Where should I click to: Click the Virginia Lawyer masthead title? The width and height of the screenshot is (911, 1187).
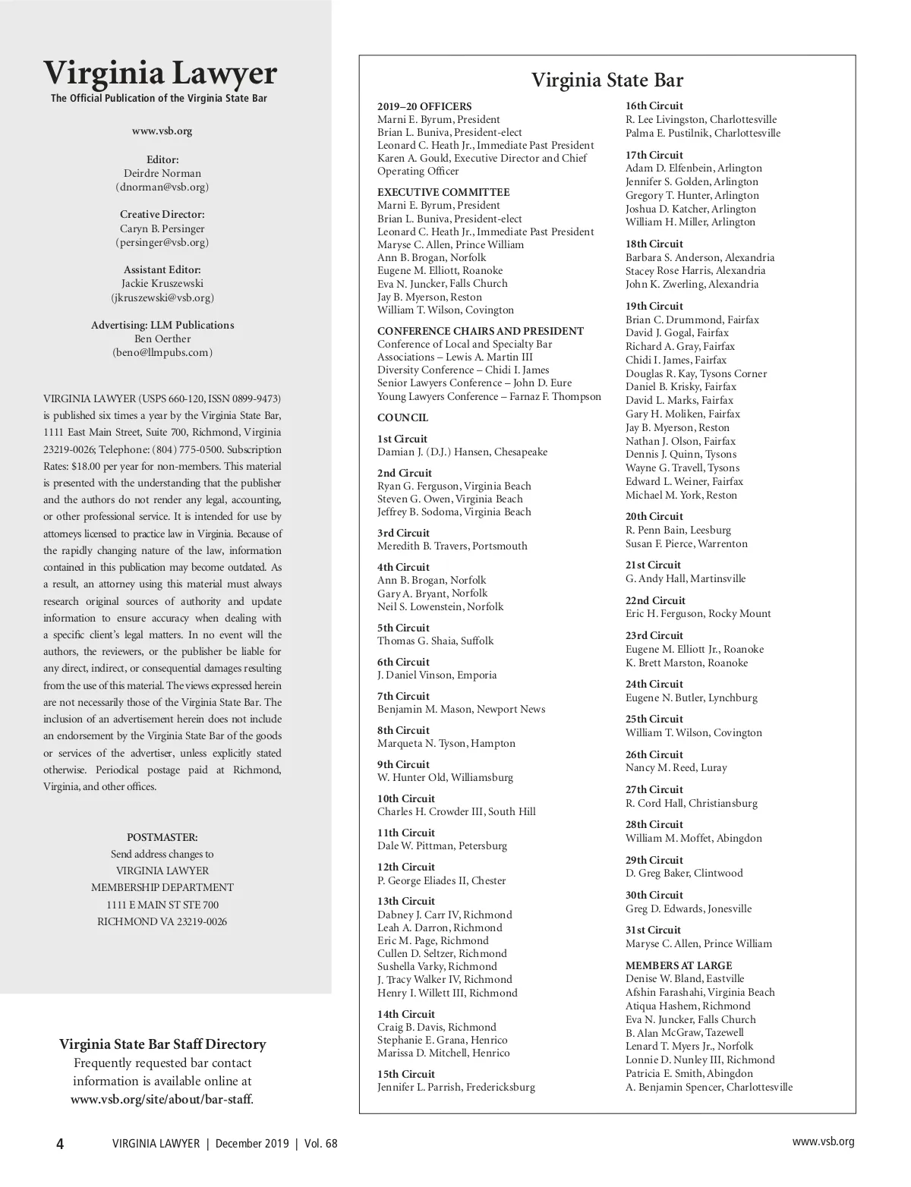[160, 74]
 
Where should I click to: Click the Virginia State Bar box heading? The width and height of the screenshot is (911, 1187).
[607, 80]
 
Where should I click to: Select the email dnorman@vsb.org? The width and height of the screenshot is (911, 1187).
[162, 187]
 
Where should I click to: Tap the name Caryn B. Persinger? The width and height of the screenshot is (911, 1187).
[162, 228]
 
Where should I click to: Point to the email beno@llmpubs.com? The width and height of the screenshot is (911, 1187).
[162, 352]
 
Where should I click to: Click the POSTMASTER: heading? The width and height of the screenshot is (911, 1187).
[162, 837]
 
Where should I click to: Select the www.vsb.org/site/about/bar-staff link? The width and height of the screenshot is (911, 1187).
[162, 1099]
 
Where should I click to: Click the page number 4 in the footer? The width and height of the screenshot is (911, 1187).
[60, 1144]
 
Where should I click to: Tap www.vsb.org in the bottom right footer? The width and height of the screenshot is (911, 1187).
[823, 1141]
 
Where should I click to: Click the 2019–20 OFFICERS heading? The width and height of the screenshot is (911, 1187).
[424, 107]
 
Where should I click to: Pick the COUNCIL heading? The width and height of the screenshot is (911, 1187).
[402, 418]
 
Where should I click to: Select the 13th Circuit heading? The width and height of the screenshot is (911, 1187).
[406, 902]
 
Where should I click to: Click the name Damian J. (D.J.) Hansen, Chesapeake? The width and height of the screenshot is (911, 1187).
[462, 452]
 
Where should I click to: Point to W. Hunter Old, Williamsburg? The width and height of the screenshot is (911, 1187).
[445, 777]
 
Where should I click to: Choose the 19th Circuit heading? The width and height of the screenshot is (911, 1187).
[654, 307]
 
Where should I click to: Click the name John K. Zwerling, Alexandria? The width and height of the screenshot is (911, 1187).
[692, 285]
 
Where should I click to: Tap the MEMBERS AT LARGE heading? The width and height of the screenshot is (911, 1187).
[679, 965]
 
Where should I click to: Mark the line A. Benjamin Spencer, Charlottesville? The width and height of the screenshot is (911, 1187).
[708, 1087]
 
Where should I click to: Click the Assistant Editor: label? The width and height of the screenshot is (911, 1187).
[162, 269]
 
